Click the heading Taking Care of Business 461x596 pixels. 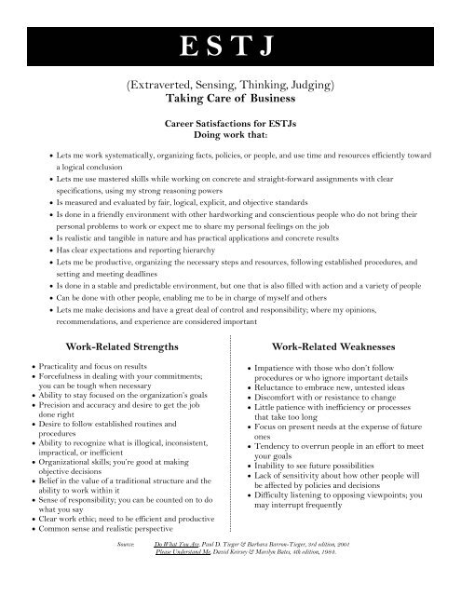(230, 98)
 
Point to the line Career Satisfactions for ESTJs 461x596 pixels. (230, 122)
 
